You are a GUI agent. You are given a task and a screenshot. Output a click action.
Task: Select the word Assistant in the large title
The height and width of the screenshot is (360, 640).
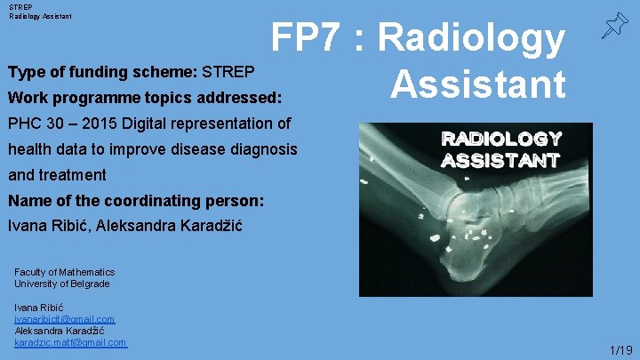pos(477,84)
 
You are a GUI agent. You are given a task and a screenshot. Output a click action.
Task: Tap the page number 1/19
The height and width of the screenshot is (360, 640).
pos(621,350)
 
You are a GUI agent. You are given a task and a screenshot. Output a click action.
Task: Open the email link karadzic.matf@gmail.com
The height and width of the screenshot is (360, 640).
pos(70,342)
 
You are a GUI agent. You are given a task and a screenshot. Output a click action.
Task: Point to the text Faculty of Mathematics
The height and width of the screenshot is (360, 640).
pos(64,272)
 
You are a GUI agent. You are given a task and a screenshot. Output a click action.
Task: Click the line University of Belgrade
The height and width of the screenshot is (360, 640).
pos(61,284)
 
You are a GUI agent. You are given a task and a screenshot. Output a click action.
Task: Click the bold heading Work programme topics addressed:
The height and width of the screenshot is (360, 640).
pos(144,96)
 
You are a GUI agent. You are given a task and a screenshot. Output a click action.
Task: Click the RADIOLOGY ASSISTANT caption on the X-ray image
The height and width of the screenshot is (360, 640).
pos(500,150)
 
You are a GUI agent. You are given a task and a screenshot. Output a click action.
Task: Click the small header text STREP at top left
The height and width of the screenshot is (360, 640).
pos(19,5)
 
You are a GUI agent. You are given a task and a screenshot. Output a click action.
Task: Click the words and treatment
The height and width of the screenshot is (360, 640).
pos(56,175)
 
